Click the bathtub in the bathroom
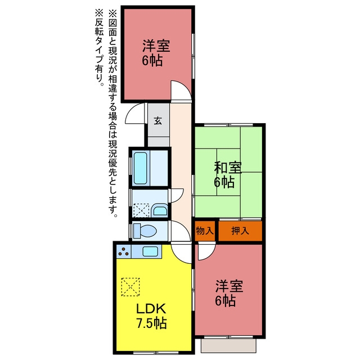coord(140,168)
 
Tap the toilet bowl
coord(145,231)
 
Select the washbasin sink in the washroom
coord(160,210)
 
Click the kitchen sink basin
coord(150,251)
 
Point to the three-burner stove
coord(124,251)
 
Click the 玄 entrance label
coord(157,120)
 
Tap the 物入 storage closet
coord(205,231)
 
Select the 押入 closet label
coord(240,231)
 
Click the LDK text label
coord(151,309)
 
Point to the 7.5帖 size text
coord(151,323)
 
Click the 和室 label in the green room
coord(228,168)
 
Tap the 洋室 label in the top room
coord(156,46)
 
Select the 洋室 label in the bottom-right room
coord(229,286)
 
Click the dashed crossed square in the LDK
coord(130,287)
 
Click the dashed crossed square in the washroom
coord(141,210)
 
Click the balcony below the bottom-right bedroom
coord(228,345)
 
